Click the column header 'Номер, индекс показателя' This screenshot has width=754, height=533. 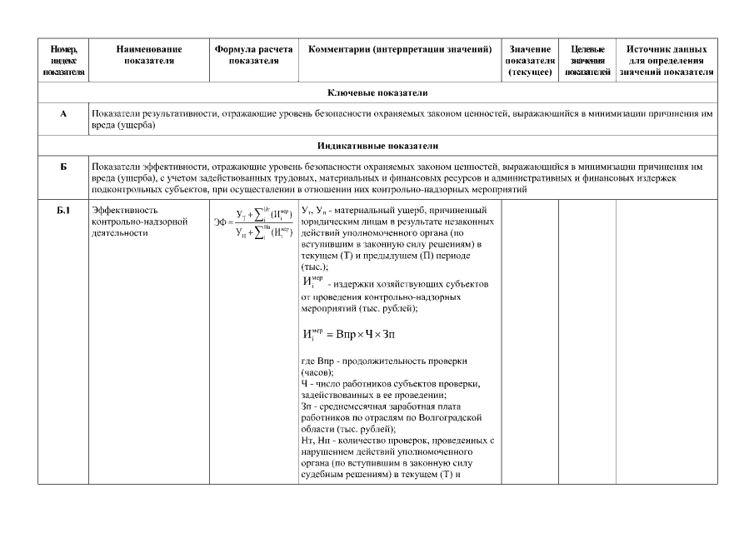[x=63, y=61]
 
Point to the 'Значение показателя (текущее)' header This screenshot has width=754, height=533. [x=530, y=61]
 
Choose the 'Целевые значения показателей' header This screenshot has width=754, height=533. [x=587, y=61]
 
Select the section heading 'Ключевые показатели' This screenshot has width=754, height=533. [x=400, y=92]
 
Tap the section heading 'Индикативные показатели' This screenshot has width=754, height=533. [x=400, y=144]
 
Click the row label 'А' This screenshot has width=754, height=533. [x=63, y=112]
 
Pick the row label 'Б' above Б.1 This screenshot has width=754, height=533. [x=63, y=167]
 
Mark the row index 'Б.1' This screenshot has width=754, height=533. [x=63, y=210]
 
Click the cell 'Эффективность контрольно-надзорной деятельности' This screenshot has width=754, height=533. [x=132, y=222]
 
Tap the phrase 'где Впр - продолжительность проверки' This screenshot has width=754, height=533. [x=384, y=361]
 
